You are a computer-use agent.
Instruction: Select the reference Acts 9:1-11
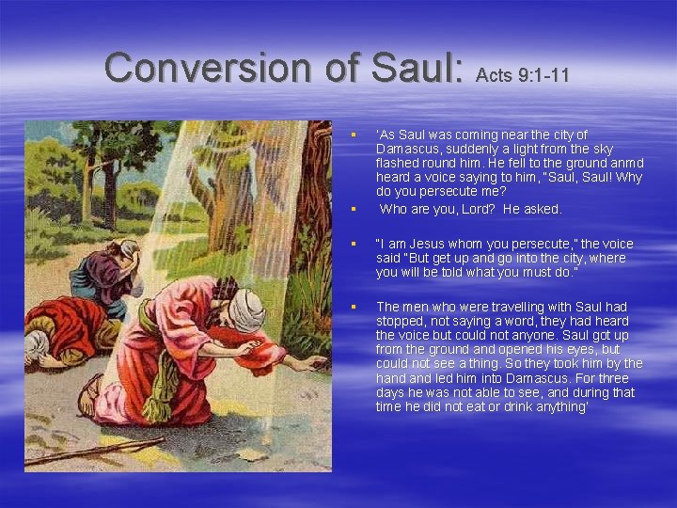[522, 75]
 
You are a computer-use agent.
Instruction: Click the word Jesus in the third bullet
[417, 244]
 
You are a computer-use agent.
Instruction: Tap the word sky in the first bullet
[604, 149]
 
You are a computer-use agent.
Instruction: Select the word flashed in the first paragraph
[398, 163]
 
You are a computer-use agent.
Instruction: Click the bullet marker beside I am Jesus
[354, 245]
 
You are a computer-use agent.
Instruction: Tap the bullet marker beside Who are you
[354, 210]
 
